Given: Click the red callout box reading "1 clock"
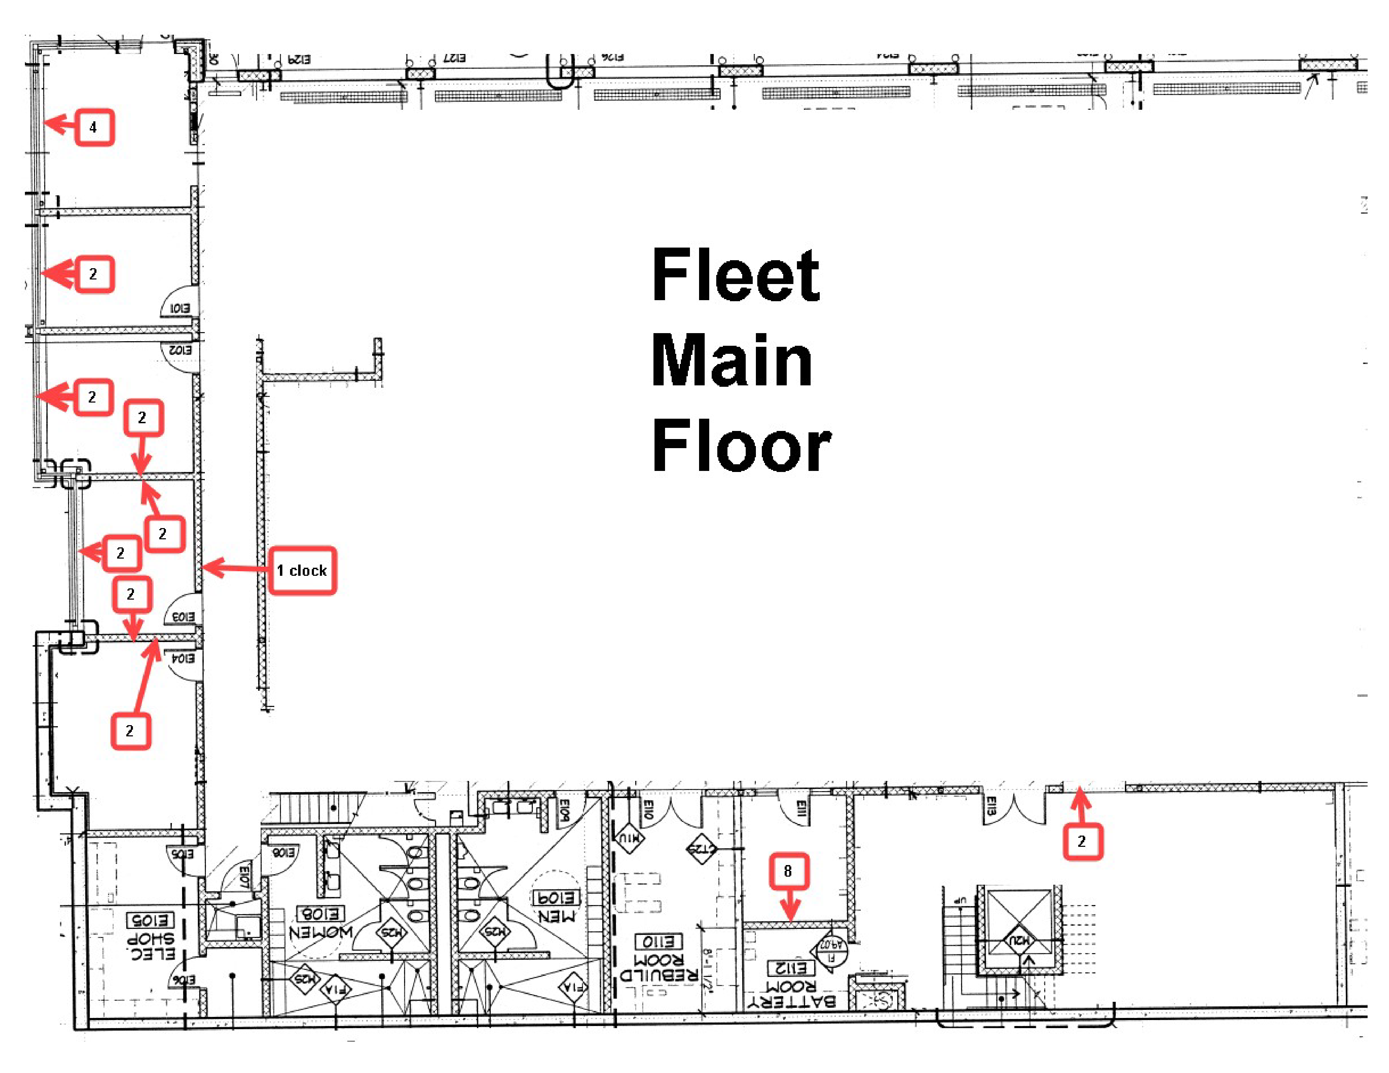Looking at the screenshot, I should point(302,570).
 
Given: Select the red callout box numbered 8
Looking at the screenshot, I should point(789,871).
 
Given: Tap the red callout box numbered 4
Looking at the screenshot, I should point(94,127).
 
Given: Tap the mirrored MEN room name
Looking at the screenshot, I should point(557,916).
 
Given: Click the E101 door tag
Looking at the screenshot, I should point(179,308).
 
